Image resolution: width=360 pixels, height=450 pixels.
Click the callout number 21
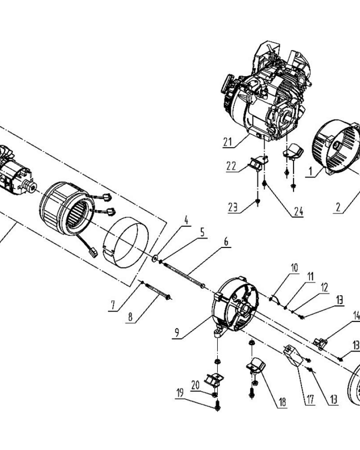[228, 142]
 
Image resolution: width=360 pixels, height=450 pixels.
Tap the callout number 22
[231, 166]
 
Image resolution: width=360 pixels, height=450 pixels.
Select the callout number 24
[298, 211]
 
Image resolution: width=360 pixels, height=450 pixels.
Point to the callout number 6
[226, 242]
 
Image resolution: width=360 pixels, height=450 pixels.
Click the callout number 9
[177, 333]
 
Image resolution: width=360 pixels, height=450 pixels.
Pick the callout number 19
[180, 393]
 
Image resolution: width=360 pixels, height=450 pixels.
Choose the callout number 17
[310, 399]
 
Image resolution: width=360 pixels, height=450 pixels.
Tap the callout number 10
[295, 268]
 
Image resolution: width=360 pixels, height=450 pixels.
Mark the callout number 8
[130, 317]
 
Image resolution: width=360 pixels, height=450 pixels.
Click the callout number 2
[338, 207]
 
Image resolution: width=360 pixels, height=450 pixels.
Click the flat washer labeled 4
[155, 258]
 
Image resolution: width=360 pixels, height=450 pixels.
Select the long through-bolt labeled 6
[184, 274]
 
